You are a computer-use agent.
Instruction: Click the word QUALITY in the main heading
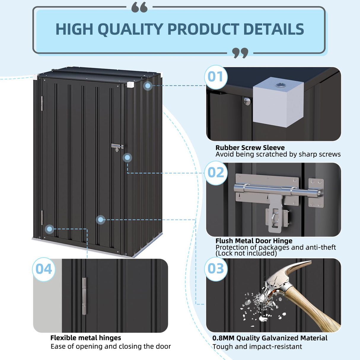pyautogui.click(x=130, y=29)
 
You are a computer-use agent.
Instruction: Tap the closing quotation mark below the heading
pyautogui.click(x=240, y=53)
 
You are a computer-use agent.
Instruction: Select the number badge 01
pyautogui.click(x=216, y=77)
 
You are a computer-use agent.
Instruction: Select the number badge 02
pyautogui.click(x=216, y=173)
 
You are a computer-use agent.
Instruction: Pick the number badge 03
pyautogui.click(x=216, y=269)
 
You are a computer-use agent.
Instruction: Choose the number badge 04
pyautogui.click(x=44, y=269)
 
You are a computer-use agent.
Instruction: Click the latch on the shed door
pyautogui.click(x=117, y=147)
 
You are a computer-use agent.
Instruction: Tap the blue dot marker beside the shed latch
pyautogui.click(x=127, y=157)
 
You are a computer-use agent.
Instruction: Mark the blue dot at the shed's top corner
pyautogui.click(x=148, y=86)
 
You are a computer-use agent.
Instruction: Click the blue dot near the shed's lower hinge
pyautogui.click(x=50, y=229)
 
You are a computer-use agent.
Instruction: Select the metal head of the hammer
pyautogui.click(x=280, y=282)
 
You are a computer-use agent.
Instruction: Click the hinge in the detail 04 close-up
pyautogui.click(x=85, y=296)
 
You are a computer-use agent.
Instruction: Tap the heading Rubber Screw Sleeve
pyautogui.click(x=250, y=147)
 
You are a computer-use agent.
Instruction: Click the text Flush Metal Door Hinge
pyautogui.click(x=254, y=240)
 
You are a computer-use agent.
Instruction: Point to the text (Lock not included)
pyautogui.click(x=246, y=253)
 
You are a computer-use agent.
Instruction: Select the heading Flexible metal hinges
pyautogui.click(x=86, y=338)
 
